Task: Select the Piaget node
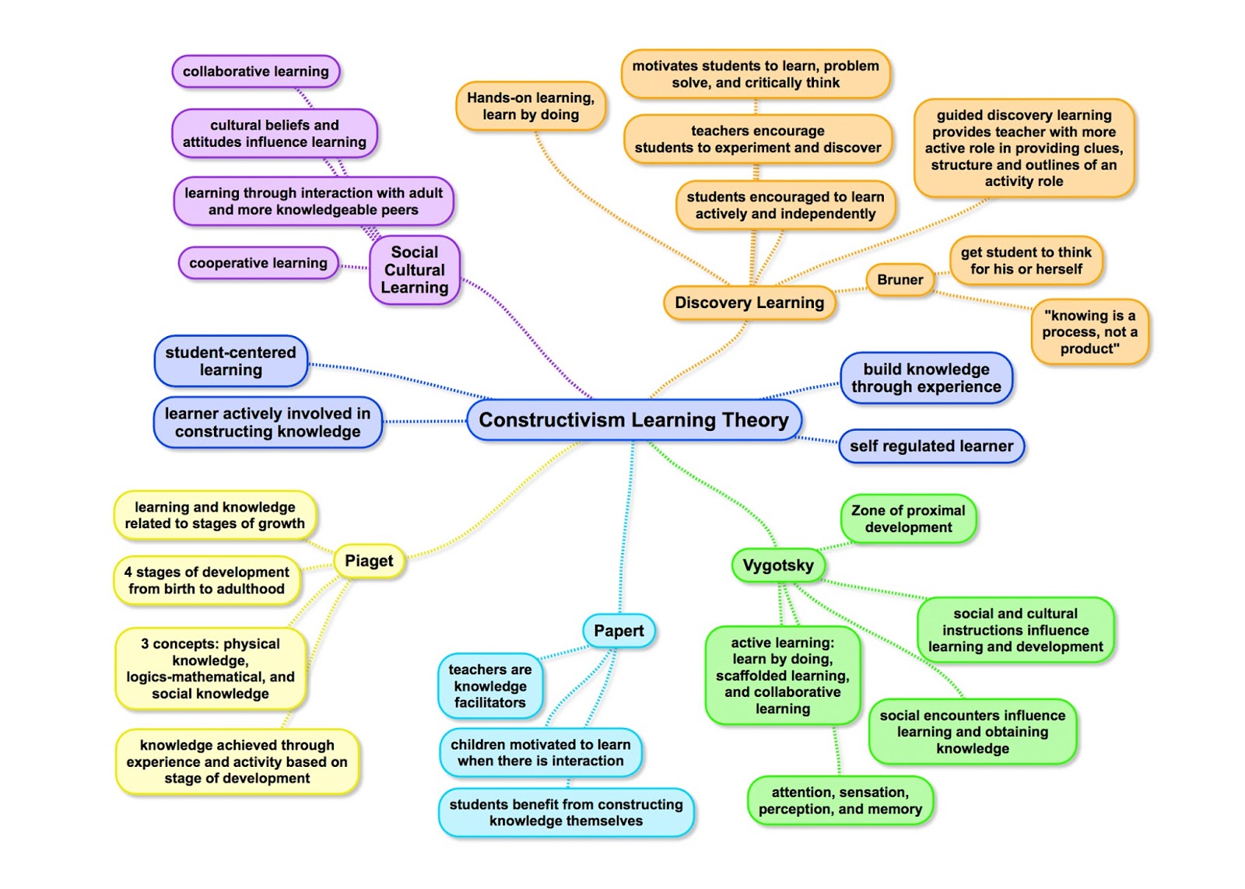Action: point(369,561)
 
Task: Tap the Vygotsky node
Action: point(777,565)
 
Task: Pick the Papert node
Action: point(619,631)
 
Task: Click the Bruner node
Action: point(900,280)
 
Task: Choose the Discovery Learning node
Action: point(749,303)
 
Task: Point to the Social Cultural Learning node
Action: point(415,270)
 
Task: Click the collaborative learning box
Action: point(255,72)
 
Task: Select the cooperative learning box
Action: point(258,263)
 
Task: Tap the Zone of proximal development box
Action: point(907,519)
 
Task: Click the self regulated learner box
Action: point(931,446)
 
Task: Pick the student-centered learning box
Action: point(230,361)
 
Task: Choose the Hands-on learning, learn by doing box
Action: point(530,107)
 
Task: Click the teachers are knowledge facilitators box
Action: point(489,686)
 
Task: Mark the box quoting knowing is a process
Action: point(1089,332)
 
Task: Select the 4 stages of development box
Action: point(206,580)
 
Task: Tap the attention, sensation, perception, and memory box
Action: point(840,800)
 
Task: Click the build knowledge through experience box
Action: point(926,378)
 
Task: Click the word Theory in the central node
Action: point(755,420)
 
